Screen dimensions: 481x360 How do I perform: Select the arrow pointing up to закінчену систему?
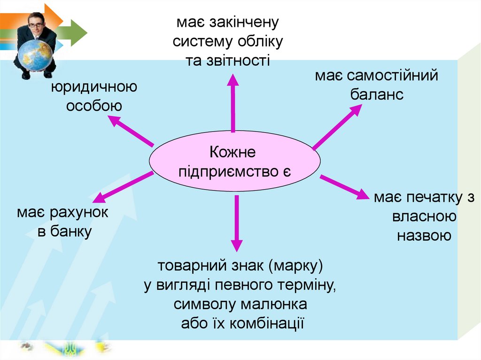tap(233, 103)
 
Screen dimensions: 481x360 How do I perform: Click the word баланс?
tap(377, 94)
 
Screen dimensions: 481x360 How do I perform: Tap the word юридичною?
tap(94, 87)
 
